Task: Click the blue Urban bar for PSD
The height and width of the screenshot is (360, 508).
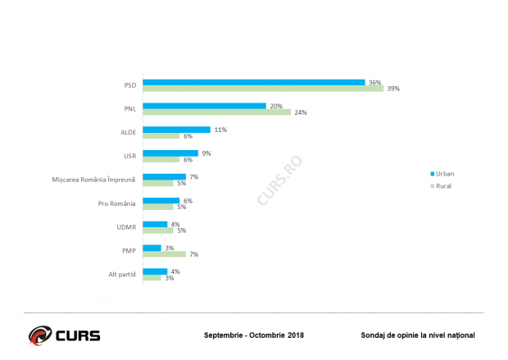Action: click(x=254, y=82)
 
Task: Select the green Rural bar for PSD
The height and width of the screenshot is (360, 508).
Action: click(x=263, y=89)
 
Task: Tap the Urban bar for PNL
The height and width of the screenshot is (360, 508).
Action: click(x=205, y=106)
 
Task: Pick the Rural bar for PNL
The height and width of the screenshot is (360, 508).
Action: click(x=217, y=112)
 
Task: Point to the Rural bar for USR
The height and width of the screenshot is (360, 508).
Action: click(x=161, y=159)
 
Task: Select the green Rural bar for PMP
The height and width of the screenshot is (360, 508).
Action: click(x=165, y=254)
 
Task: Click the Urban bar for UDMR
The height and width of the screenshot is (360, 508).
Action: click(x=155, y=224)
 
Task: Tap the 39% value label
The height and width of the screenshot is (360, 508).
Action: click(x=393, y=89)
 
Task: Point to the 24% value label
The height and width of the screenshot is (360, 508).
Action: click(x=301, y=112)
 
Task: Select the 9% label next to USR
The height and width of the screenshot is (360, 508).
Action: click(x=206, y=153)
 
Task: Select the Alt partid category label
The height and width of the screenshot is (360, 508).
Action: click(x=122, y=275)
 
